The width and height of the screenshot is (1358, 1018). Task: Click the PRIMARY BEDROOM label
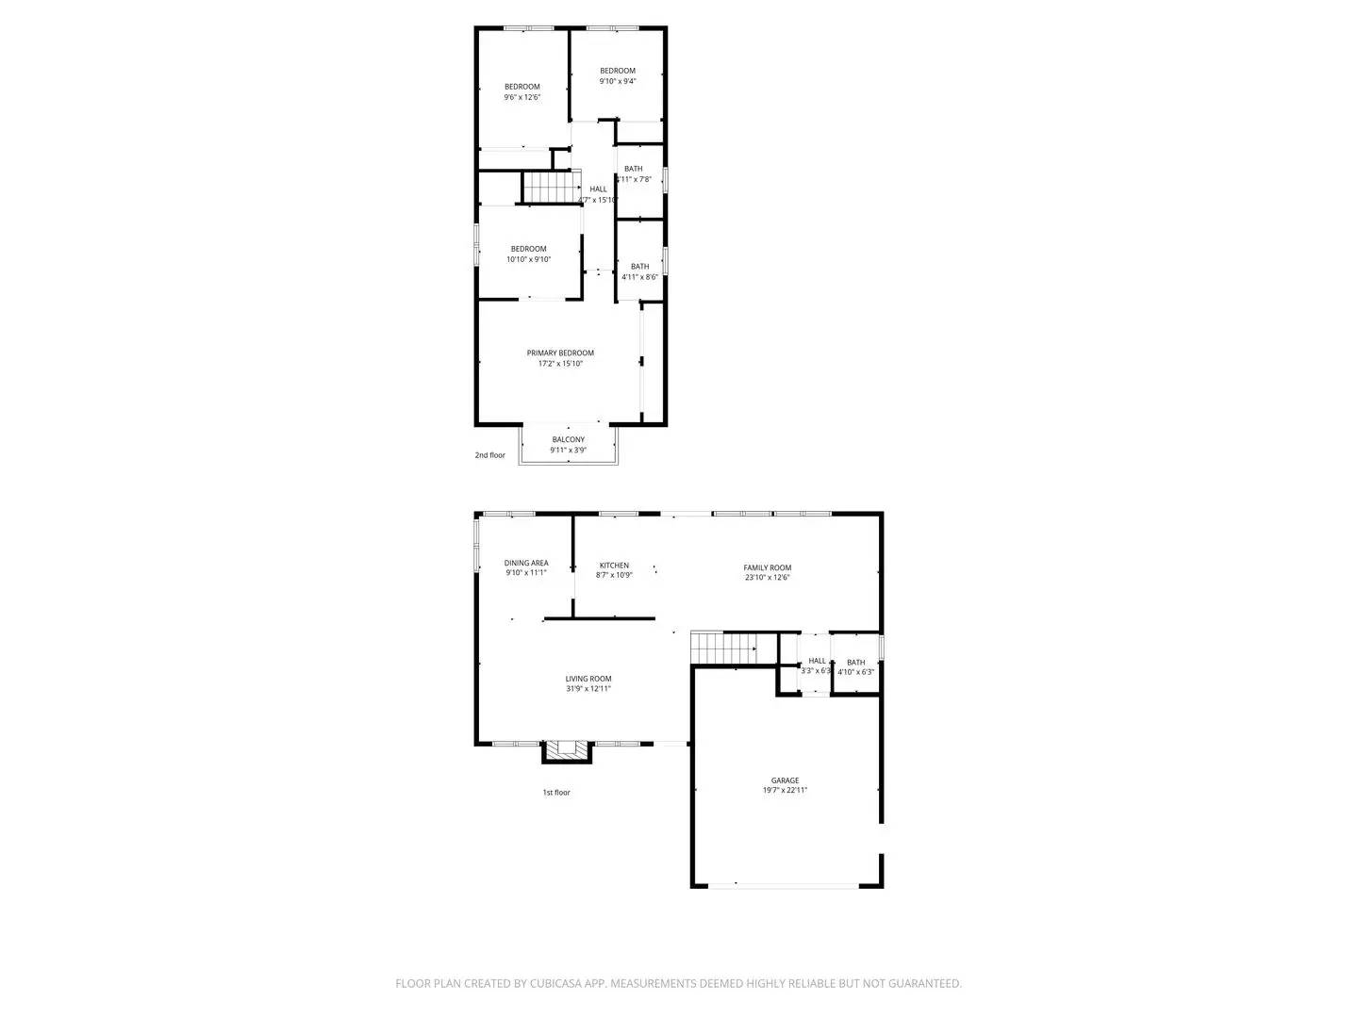point(560,353)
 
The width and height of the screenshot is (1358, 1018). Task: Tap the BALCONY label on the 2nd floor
point(568,439)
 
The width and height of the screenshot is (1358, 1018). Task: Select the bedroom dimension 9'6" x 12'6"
point(522,97)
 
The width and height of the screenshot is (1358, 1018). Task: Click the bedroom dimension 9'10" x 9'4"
point(618,81)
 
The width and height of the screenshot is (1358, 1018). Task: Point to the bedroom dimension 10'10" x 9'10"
point(528,259)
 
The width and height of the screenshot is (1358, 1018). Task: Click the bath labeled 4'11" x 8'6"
point(639,277)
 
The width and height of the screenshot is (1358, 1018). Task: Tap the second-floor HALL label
point(599,189)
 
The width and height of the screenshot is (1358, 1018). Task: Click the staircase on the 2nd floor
point(547,188)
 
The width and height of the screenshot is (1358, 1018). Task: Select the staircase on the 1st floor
point(723,648)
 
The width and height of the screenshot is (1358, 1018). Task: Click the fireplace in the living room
point(567,750)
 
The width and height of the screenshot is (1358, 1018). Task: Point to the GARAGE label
point(785,780)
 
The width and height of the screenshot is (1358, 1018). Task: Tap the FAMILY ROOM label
point(767,567)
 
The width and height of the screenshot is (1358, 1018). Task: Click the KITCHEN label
point(613,566)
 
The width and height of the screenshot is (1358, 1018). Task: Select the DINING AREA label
point(525,563)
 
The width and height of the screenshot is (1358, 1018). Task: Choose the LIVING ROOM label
point(588,679)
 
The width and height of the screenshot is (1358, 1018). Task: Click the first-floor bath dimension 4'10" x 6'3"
point(856,672)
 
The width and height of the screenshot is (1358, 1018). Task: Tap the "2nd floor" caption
point(489,455)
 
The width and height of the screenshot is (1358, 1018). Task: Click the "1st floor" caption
point(555,793)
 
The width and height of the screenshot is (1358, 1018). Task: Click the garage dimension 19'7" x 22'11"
point(785,791)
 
